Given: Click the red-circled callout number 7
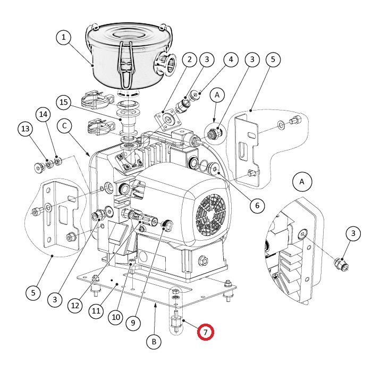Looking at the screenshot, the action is [x=206, y=332].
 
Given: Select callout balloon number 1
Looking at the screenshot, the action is [x=63, y=37].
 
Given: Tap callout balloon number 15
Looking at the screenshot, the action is [x=64, y=102].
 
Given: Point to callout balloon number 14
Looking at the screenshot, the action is [x=43, y=115].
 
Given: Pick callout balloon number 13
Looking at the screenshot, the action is [x=25, y=129].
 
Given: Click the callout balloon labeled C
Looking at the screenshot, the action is [x=64, y=125].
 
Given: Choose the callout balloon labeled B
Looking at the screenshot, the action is [x=154, y=342].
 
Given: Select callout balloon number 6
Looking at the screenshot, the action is [x=257, y=206].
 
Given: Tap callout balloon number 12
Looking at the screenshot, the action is [x=75, y=306].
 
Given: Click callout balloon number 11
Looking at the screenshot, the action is [x=96, y=311].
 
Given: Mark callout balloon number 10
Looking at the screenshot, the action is [x=116, y=317].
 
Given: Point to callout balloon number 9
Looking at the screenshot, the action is [x=133, y=323].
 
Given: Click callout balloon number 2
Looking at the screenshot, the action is [x=189, y=60].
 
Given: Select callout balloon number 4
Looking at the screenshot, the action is [x=231, y=60].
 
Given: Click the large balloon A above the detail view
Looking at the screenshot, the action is [x=302, y=182].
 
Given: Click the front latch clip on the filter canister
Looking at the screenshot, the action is [x=126, y=65].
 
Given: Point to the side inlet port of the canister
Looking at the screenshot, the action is [x=165, y=64].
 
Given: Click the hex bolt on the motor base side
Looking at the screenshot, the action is [x=204, y=261].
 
